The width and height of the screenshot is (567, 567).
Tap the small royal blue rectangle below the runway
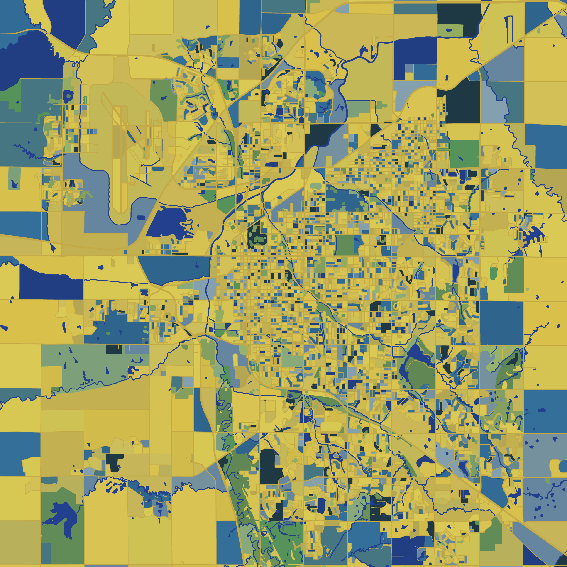141,218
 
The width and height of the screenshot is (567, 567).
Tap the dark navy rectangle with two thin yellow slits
114,349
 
